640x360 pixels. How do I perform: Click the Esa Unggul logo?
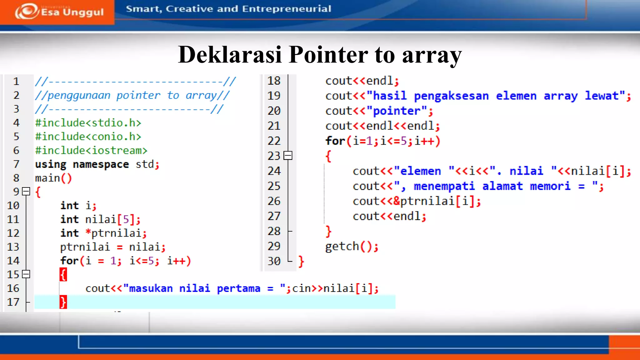point(59,12)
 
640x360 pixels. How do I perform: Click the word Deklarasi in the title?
point(230,55)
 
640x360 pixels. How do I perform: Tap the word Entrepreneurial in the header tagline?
point(286,9)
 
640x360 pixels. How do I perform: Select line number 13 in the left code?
point(13,247)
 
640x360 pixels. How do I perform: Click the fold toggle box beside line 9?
point(26,191)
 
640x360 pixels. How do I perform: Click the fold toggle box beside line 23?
point(288,156)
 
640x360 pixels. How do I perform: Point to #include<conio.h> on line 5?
point(88,137)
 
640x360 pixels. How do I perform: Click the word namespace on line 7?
point(101,164)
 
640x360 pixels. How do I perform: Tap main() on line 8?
point(53,178)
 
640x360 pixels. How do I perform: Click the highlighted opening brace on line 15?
point(63,275)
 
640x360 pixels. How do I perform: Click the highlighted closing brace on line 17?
point(63,302)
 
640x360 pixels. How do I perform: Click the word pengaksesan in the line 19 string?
point(451,96)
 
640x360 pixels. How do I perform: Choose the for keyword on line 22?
point(335,141)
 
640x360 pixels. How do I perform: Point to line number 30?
point(274,261)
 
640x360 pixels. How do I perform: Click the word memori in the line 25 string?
point(550,186)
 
